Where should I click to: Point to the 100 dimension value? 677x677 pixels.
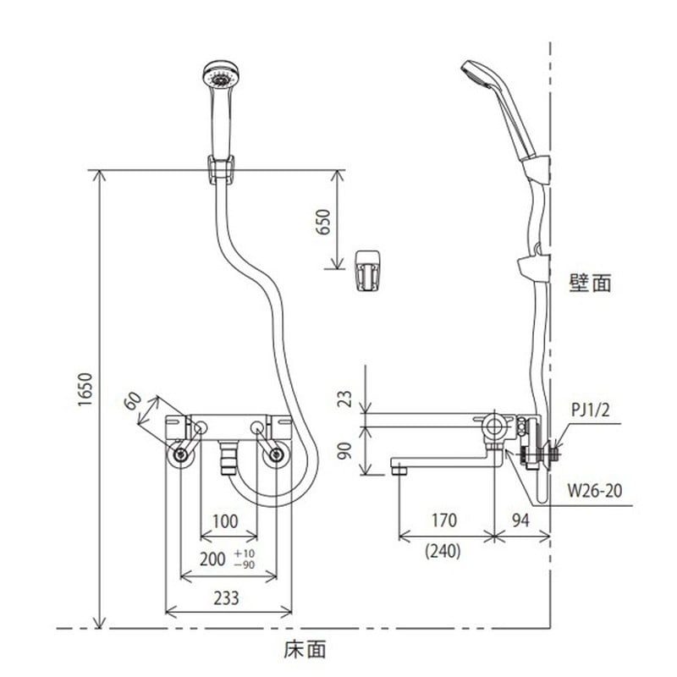click(x=225, y=522)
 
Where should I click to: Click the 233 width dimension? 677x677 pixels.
click(x=225, y=597)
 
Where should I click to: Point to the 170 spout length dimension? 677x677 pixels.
click(x=443, y=520)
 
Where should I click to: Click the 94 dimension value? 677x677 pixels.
click(x=521, y=520)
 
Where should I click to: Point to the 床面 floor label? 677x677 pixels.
click(x=305, y=649)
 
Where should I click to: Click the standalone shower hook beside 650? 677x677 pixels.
click(x=366, y=270)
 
